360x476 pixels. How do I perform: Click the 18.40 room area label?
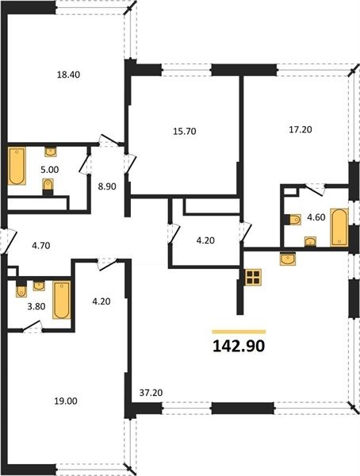(x=69, y=75)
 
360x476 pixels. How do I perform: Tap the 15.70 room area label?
(x=185, y=132)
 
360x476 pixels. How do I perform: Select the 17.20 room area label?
(x=301, y=129)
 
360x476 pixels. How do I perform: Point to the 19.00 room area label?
(x=66, y=401)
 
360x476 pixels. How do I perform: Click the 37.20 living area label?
(x=151, y=393)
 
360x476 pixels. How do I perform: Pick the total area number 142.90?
(x=239, y=346)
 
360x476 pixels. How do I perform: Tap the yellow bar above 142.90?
(x=239, y=332)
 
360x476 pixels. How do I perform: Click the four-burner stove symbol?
(x=253, y=277)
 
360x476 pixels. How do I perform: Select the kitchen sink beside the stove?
(x=288, y=259)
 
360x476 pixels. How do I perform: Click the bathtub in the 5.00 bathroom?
(x=17, y=166)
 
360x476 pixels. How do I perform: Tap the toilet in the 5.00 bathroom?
(x=48, y=186)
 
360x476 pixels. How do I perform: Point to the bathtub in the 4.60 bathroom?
(x=339, y=227)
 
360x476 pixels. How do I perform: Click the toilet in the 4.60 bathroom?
(x=293, y=220)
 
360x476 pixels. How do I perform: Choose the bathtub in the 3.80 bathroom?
(x=62, y=300)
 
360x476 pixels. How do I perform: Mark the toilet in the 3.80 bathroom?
(x=21, y=290)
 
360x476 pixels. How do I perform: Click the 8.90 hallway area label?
(x=107, y=186)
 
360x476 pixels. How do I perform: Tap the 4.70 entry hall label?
(x=41, y=246)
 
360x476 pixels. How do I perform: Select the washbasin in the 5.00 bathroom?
(x=51, y=152)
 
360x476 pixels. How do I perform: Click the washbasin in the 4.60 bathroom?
(x=310, y=241)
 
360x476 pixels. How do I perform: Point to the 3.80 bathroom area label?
(x=36, y=306)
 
